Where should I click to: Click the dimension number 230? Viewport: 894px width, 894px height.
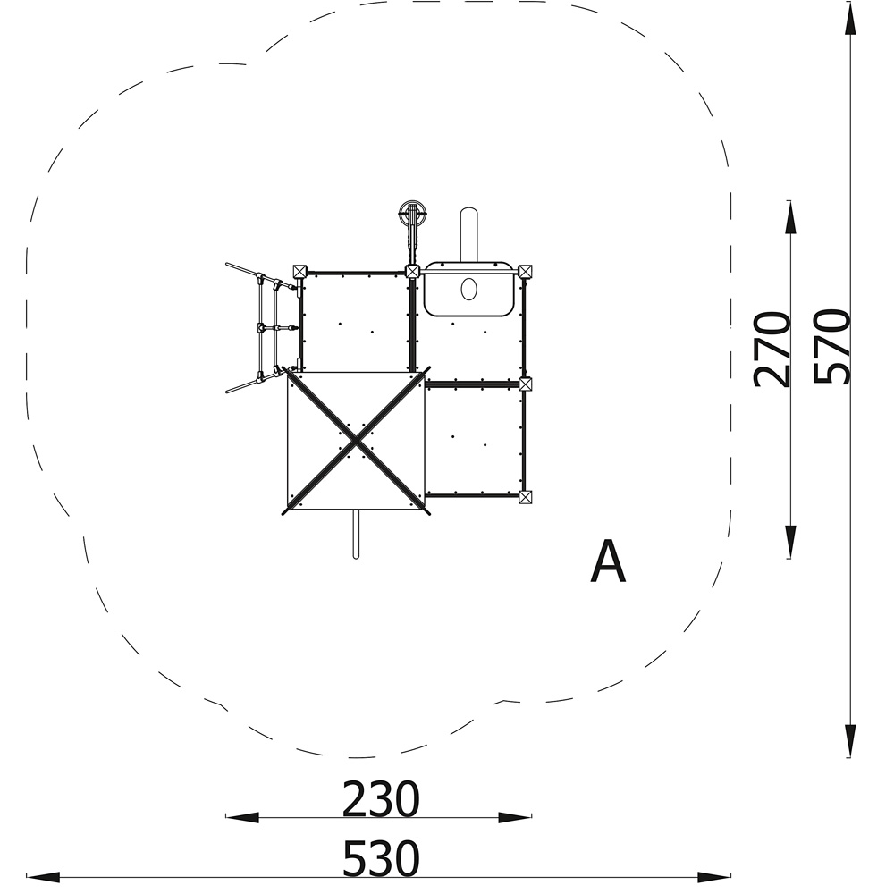pos(381,799)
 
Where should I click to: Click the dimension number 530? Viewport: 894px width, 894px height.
pos(381,857)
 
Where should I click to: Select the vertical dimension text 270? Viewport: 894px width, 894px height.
pos(772,350)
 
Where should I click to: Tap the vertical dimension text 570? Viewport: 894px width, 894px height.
pos(831,346)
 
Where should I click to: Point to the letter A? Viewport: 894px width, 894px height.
pos(608,561)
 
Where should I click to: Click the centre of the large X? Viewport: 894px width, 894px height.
pos(356,441)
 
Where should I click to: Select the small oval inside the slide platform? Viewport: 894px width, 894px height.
pos(468,289)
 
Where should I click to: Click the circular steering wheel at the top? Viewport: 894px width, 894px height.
pos(413,215)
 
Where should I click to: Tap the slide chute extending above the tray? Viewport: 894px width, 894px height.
pos(468,233)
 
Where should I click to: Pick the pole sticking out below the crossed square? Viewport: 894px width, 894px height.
pos(356,535)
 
